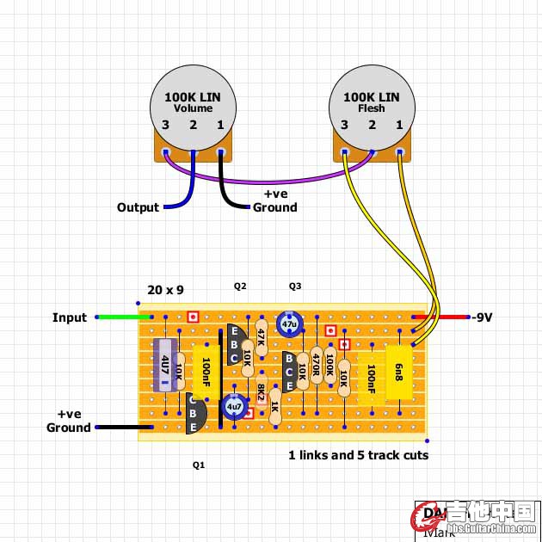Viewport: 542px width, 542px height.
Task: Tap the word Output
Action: pos(139,207)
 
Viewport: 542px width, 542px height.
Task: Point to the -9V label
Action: pos(482,317)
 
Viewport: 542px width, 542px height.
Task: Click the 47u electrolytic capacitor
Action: pos(289,324)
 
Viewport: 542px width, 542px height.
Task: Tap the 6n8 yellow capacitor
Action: pos(399,372)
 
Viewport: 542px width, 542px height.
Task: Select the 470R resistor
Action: pos(317,366)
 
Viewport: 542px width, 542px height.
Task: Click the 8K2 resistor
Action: pos(261,392)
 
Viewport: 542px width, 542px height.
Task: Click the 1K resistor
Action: pos(275,406)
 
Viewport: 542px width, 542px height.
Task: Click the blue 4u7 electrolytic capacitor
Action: pos(234,405)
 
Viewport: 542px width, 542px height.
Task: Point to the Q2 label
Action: pos(240,286)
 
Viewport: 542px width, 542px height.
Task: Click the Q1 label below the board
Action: pos(199,465)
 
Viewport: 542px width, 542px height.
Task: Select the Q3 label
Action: pos(295,286)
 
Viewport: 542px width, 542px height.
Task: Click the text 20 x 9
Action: pos(166,290)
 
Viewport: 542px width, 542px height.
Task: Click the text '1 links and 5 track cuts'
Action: pos(358,455)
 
